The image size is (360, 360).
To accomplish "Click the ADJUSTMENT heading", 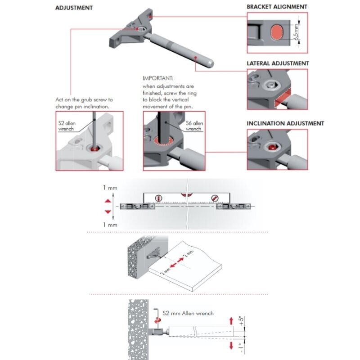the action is pyautogui.click(x=74, y=8).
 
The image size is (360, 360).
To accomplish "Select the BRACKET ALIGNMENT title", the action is pyautogui.click(x=277, y=7).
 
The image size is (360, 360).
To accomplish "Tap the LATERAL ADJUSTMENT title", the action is pyautogui.click(x=278, y=63).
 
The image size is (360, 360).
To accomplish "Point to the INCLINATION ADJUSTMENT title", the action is pyautogui.click(x=285, y=123).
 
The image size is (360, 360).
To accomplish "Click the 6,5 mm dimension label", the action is pyautogui.click(x=297, y=31).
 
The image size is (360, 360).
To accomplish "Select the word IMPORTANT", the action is pyautogui.click(x=158, y=78).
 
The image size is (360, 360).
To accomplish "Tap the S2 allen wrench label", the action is pyautogui.click(x=67, y=126).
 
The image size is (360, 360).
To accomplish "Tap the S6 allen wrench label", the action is pyautogui.click(x=194, y=126).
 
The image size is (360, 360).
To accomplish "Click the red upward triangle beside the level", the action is pyautogui.click(x=108, y=201).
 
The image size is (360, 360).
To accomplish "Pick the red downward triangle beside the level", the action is pyautogui.click(x=108, y=211).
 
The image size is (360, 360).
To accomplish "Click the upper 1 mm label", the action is pyautogui.click(x=110, y=188).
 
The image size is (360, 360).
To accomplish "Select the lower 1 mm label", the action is pyautogui.click(x=110, y=225).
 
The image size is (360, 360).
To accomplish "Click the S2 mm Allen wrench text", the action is pyautogui.click(x=188, y=313).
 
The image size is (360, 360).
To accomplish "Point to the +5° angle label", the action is pyautogui.click(x=241, y=321).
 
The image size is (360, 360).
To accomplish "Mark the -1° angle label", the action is pyautogui.click(x=241, y=348).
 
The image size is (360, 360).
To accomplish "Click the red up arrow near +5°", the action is pyautogui.click(x=231, y=321).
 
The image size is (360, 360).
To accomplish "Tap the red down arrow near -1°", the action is pyautogui.click(x=231, y=346).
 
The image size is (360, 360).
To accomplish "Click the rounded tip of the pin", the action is pyautogui.click(x=210, y=63).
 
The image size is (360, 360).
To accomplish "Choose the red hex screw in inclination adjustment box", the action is pyautogui.click(x=272, y=147).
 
